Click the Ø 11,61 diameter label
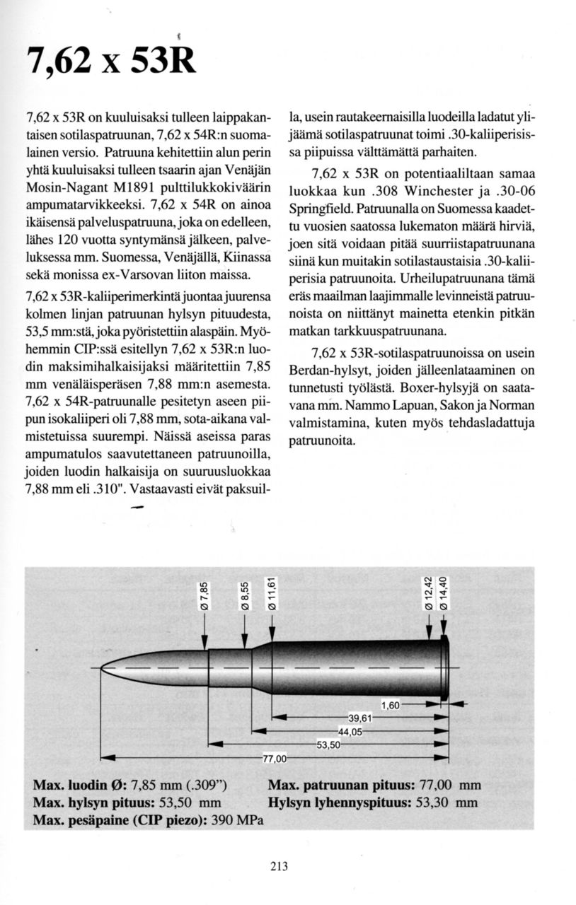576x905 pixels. click(x=272, y=593)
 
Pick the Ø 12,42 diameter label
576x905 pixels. click(x=427, y=593)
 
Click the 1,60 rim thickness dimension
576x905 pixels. click(x=391, y=705)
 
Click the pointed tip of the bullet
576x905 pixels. click(x=102, y=667)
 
